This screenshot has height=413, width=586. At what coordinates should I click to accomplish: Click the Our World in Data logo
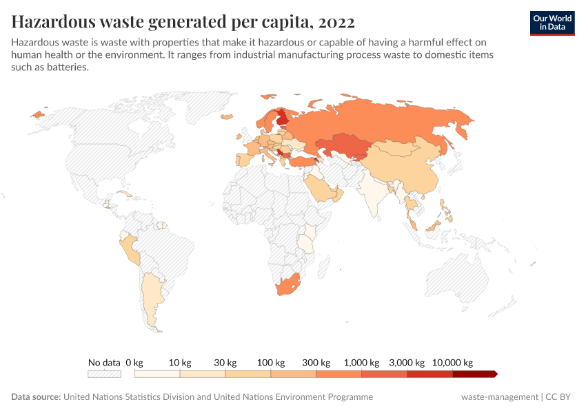click(x=552, y=23)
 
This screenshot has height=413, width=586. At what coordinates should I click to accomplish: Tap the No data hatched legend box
click(x=104, y=374)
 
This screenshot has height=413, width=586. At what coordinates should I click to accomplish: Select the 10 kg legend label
click(x=179, y=362)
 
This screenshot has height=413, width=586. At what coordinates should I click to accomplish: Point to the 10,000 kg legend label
click(x=452, y=362)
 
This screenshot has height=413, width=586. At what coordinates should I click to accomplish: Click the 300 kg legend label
click(x=316, y=362)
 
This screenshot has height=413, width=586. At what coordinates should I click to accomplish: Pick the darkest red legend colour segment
click(x=474, y=374)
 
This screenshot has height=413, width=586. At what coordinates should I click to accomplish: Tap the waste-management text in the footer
click(x=500, y=397)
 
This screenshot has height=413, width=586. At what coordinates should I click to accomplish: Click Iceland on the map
click(x=37, y=114)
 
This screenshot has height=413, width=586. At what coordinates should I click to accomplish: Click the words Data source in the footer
click(x=36, y=397)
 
